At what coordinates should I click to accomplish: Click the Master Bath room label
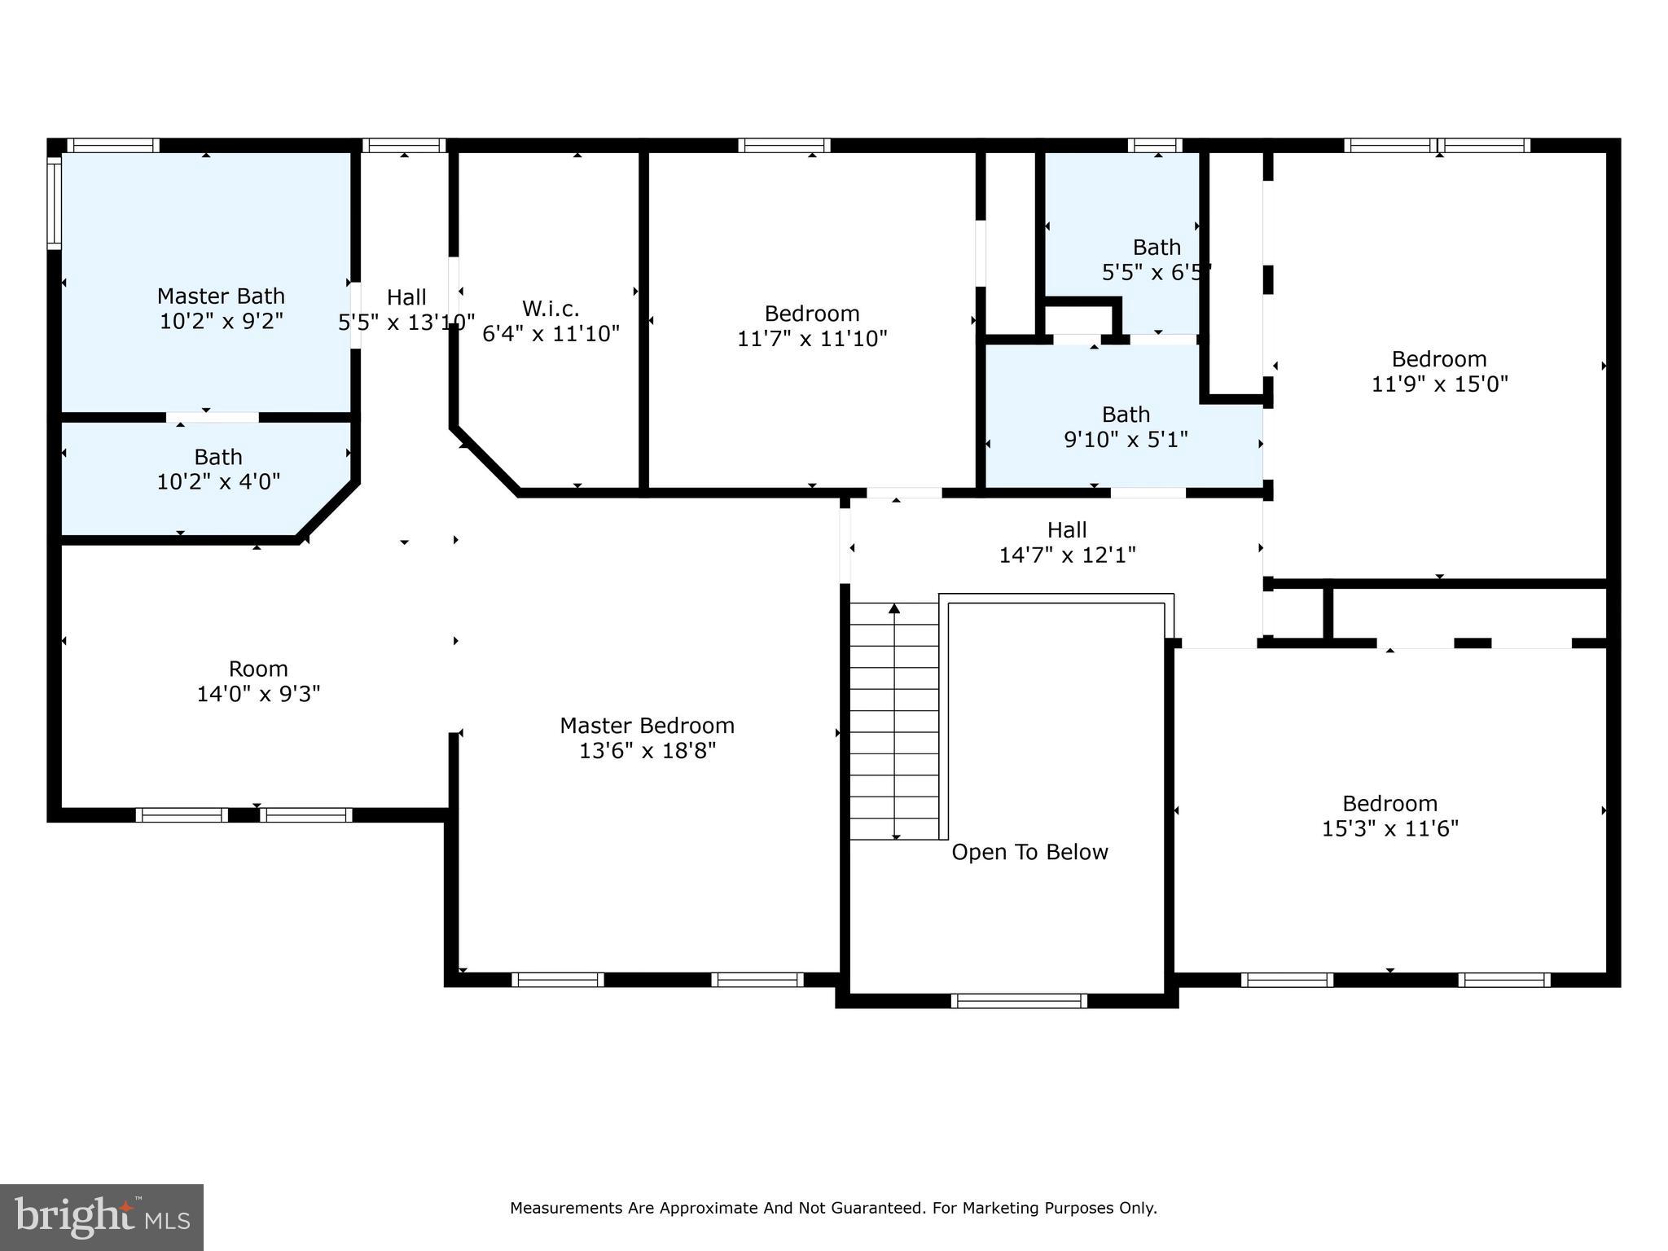point(221,296)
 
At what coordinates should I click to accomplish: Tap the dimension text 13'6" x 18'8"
point(647,751)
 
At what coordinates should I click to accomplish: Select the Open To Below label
point(1029,852)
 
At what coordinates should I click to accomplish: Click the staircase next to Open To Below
point(894,721)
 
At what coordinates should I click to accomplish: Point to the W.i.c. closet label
point(551,309)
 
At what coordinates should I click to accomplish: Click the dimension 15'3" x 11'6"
point(1389,829)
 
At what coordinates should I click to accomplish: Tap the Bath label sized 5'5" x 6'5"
point(1157,247)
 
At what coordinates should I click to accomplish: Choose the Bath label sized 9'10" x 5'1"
point(1126,415)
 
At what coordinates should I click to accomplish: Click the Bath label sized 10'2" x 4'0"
point(217,457)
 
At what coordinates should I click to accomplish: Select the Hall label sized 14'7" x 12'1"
point(1067,530)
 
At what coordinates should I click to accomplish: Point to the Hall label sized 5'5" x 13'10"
point(406,297)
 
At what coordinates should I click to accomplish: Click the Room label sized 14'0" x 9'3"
point(258,669)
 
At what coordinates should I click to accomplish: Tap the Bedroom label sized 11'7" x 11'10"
point(812,314)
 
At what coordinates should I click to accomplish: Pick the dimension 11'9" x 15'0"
point(1439,384)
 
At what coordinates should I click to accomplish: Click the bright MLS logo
point(102,1217)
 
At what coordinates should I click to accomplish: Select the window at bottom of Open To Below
point(1018,1001)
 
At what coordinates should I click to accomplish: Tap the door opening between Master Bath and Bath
point(213,417)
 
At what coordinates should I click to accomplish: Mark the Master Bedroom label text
point(647,726)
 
